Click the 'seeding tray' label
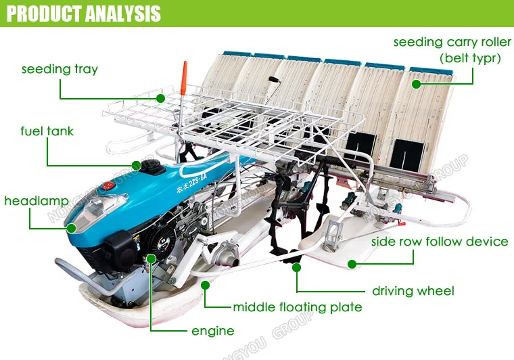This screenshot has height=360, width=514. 60,69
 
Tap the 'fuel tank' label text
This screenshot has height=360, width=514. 47,131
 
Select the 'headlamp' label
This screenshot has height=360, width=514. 31,201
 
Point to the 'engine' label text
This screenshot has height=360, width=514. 212,330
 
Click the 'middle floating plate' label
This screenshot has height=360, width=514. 297,307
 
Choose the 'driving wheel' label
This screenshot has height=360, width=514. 413,291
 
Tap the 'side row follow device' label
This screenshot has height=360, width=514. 440,242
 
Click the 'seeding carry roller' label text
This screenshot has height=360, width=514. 447,43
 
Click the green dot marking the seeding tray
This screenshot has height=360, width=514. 160,98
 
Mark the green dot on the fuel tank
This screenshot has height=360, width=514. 137,164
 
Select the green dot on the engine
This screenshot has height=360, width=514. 151,258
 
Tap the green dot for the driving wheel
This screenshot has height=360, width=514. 296,268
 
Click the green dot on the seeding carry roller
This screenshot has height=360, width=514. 417,84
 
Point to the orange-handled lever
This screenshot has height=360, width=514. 183,78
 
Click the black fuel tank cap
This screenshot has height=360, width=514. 149,166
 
